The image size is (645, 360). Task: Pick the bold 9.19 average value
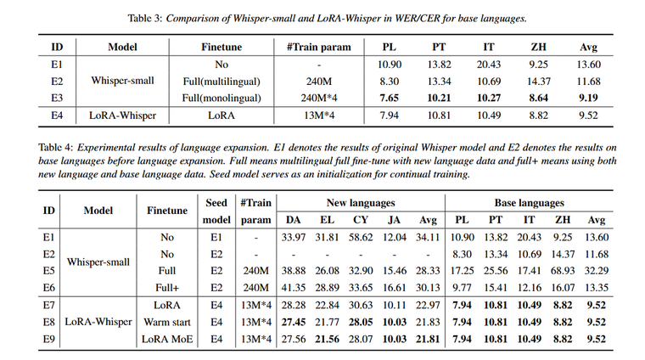tap(588, 97)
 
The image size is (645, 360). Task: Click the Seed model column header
tap(216, 211)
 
